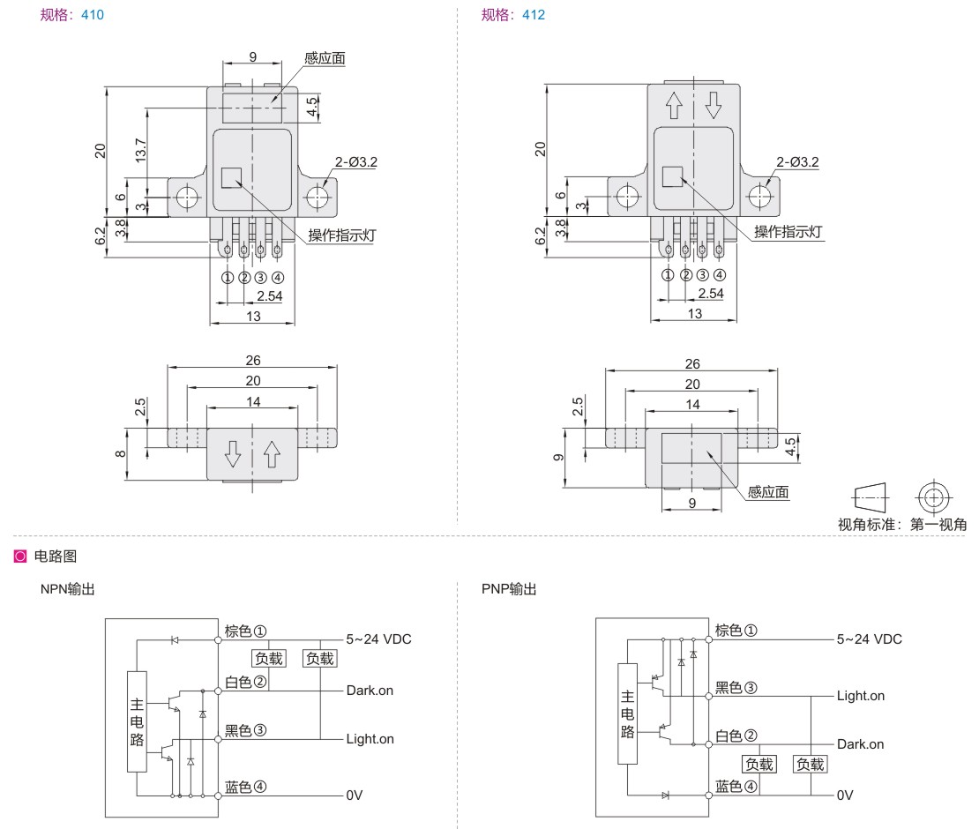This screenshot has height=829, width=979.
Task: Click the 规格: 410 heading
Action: (72, 15)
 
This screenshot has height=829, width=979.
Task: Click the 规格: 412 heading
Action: (513, 15)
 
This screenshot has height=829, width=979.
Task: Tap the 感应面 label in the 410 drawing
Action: (325, 59)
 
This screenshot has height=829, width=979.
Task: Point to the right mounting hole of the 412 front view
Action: (759, 196)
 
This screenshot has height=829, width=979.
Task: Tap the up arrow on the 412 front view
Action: (674, 105)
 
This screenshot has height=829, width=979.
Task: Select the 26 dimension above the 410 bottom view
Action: (253, 360)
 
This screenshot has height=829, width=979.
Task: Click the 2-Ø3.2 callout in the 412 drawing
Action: (797, 162)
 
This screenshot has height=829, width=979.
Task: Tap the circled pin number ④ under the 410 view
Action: (278, 278)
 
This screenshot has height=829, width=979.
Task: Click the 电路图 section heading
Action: (56, 556)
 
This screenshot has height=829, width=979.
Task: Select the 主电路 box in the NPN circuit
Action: (138, 721)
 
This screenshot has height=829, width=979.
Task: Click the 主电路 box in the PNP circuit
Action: (627, 713)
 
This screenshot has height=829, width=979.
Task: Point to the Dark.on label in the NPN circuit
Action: (370, 691)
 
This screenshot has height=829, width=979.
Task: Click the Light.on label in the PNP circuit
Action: (861, 696)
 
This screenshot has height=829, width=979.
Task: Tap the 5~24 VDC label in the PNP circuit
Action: (869, 639)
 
